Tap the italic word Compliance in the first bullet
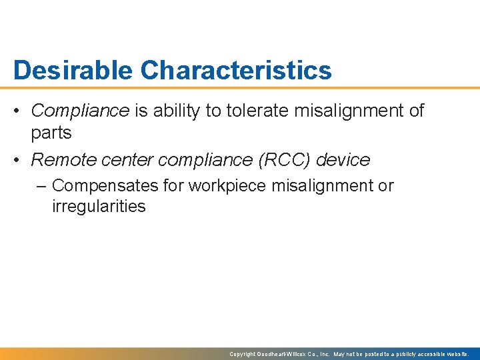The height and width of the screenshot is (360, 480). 80,111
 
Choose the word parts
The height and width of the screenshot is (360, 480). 51,133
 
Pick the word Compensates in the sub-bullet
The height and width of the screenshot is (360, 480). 105,186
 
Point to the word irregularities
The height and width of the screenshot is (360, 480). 98,206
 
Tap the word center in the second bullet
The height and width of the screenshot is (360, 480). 123,160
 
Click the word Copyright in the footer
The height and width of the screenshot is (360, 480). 242,354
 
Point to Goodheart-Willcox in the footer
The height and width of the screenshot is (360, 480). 280,354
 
